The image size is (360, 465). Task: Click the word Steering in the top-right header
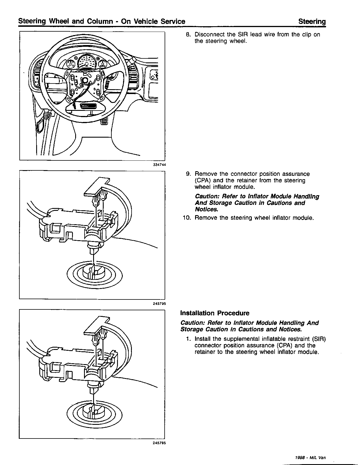coord(312,21)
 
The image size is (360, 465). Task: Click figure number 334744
coord(159,165)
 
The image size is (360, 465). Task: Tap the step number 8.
coord(188,34)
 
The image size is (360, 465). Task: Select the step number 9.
coord(188,174)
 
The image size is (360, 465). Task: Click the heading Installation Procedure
coord(215,313)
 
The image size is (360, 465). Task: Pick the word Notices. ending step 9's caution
coord(206,209)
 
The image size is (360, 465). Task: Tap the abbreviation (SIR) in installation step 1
coord(319,339)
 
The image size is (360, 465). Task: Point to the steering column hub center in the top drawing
coord(85,80)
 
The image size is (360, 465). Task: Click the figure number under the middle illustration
coord(159,303)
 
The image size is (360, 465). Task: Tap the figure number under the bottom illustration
coord(159,443)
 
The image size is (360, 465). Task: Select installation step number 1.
coord(188,339)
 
